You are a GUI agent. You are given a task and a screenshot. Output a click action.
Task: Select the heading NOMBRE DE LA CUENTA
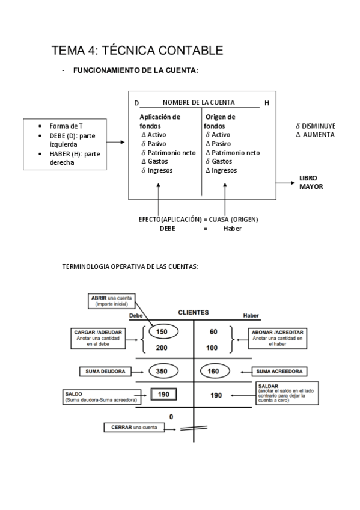[198, 102]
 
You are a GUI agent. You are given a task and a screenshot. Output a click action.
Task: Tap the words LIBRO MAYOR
[311, 182]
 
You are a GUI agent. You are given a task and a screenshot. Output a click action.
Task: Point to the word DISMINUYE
[319, 126]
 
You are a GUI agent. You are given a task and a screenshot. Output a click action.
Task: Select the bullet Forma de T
[66, 126]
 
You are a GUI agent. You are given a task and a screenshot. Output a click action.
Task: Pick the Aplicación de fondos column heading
[160, 121]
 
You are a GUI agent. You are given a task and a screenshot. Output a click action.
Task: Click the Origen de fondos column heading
[219, 121]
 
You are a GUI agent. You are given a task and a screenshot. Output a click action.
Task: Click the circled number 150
[162, 332]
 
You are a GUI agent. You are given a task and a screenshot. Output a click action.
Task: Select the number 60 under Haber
[213, 332]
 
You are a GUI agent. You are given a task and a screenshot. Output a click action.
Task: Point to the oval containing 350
[162, 372]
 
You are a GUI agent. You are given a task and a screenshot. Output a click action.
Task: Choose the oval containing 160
[213, 372]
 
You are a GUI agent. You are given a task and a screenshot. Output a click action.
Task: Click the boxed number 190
[162, 395]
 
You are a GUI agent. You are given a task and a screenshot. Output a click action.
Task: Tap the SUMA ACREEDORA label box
[279, 372]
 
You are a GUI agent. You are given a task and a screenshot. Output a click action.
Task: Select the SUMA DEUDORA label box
[105, 372]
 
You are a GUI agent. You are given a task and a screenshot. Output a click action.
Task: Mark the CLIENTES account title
[194, 313]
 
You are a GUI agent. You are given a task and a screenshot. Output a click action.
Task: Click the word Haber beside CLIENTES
[251, 316]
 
